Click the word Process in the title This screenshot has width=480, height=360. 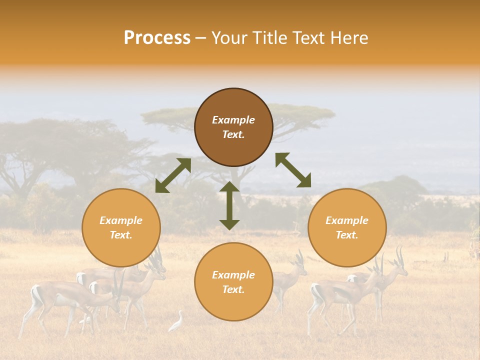click(157, 38)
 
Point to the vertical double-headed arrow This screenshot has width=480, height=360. click(229, 205)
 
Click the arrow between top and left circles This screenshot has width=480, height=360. click(173, 175)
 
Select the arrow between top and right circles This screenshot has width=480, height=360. click(293, 170)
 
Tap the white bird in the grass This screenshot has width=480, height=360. click(176, 321)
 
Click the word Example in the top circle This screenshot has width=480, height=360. click(233, 120)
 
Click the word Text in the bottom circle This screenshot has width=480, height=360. click(233, 289)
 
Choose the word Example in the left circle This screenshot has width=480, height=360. click(121, 220)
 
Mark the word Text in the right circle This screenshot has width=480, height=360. click(347, 235)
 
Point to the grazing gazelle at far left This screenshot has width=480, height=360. click(65, 297)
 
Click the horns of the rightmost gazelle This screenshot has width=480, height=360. click(399, 255)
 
